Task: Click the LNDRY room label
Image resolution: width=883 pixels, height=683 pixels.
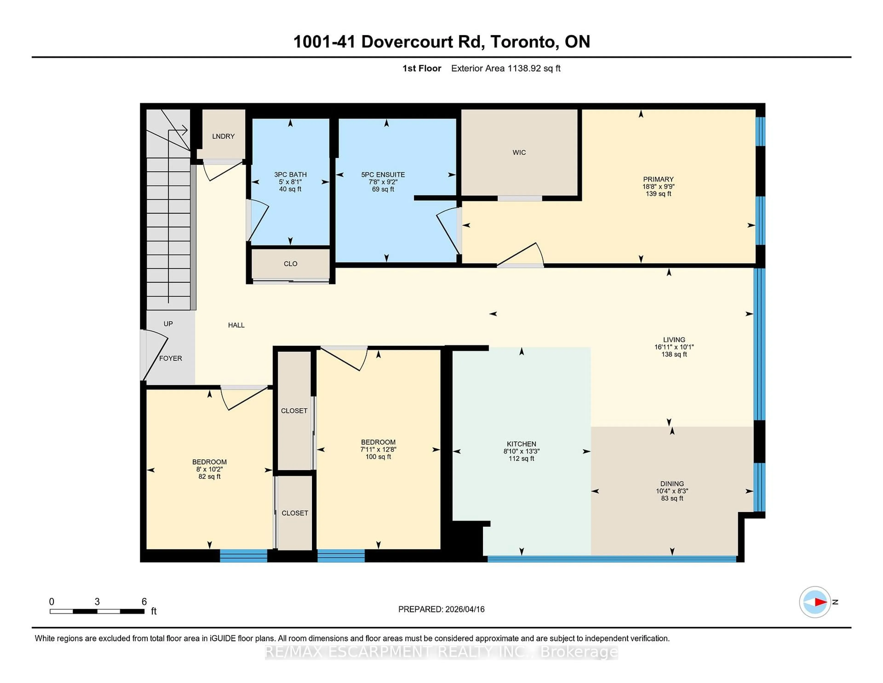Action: click(223, 136)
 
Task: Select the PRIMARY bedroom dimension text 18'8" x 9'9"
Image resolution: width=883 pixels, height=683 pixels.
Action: click(658, 187)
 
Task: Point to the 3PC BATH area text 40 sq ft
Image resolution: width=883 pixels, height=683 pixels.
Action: click(290, 189)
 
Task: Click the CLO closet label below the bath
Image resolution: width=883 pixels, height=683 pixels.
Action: click(290, 264)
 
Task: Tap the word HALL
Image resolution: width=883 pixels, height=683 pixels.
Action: click(236, 325)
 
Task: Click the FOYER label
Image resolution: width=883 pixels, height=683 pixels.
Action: click(170, 358)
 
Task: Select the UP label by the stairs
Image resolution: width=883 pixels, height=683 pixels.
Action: click(168, 324)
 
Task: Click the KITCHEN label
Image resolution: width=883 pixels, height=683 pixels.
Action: click(521, 444)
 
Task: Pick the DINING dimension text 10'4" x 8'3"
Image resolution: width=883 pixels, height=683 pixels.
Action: click(672, 491)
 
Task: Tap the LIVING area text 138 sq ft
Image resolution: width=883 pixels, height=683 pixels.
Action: click(674, 354)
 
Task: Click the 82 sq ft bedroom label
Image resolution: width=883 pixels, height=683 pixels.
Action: click(209, 477)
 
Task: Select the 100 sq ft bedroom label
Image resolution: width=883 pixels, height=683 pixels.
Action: click(378, 457)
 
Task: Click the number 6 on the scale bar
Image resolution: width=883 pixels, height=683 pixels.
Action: click(144, 602)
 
